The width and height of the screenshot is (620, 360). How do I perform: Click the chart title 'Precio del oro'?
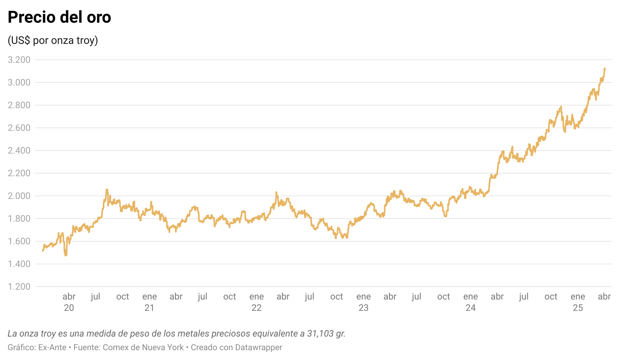[x=59, y=17]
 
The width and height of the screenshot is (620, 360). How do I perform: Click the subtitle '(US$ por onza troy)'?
[x=53, y=40]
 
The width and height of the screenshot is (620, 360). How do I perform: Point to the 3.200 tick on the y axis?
[x=19, y=60]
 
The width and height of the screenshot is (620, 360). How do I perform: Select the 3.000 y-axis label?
[x=19, y=82]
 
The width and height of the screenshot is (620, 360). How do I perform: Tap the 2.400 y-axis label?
[x=19, y=151]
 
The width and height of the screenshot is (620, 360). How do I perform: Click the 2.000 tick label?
[x=19, y=196]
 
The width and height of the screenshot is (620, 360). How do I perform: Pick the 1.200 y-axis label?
[x=19, y=287]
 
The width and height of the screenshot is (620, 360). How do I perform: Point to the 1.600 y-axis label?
[x=19, y=241]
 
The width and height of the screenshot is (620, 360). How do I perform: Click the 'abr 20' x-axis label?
[x=69, y=302]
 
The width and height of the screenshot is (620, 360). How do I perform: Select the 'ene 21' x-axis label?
[x=149, y=302]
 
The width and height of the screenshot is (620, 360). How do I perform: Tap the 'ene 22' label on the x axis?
[x=257, y=302]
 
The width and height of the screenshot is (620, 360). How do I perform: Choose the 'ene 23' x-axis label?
[x=363, y=302]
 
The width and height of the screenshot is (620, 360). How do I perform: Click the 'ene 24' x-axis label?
[x=471, y=302]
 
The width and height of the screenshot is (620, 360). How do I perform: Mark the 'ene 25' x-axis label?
[x=578, y=302]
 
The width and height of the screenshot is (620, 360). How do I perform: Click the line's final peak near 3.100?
[x=605, y=68]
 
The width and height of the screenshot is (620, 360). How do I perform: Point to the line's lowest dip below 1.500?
[x=66, y=255]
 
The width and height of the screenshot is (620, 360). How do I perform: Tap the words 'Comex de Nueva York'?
[x=143, y=348]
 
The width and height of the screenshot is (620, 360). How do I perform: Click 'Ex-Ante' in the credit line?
[x=52, y=348]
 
